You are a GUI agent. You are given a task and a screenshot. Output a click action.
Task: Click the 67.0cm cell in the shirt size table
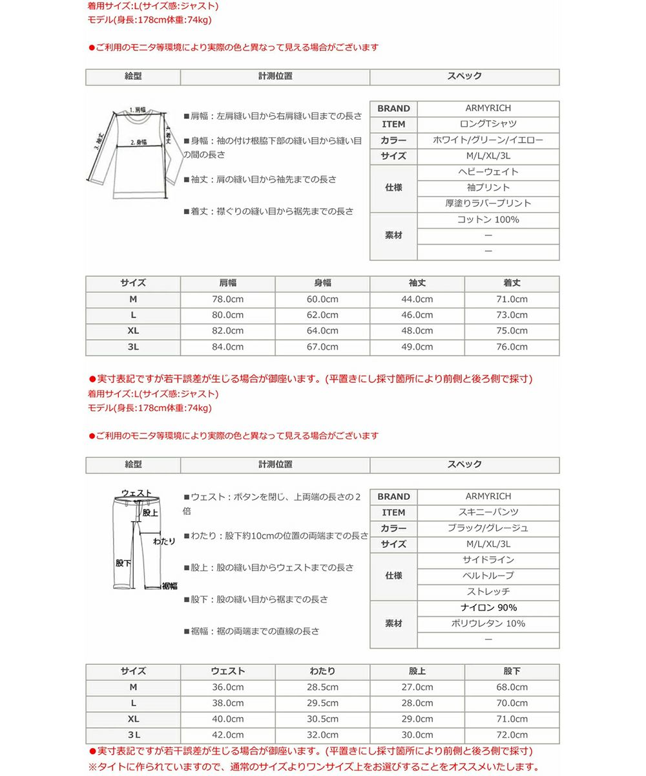(x=322, y=347)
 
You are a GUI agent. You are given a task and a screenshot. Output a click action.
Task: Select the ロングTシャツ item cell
(x=488, y=124)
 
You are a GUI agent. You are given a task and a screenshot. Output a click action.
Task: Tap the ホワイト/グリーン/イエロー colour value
(x=488, y=140)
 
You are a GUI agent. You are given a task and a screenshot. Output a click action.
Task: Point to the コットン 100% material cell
(x=488, y=220)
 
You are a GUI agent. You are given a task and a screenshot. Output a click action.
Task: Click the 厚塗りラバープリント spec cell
(x=488, y=203)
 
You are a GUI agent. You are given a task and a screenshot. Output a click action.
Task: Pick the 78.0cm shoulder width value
(x=227, y=299)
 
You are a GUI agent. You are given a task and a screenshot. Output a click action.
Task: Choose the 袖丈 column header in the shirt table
(x=417, y=283)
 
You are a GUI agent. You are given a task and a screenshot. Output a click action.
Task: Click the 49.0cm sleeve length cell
(x=417, y=347)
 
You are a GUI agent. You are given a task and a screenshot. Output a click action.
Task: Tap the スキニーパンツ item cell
(x=488, y=512)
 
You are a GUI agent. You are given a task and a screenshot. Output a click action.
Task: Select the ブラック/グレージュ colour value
(x=488, y=528)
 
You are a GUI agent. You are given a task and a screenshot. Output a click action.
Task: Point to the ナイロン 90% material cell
(x=488, y=608)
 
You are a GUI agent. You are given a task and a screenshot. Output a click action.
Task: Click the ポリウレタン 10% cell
(x=488, y=623)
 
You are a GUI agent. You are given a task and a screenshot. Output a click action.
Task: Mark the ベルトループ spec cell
(x=488, y=576)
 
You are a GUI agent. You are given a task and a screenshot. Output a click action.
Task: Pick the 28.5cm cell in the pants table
(x=322, y=687)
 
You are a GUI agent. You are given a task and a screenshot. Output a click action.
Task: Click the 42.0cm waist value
(x=227, y=735)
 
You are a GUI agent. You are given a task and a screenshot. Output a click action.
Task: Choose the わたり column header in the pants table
(x=322, y=671)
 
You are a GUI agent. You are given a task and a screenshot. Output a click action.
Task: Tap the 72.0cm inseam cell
(x=512, y=735)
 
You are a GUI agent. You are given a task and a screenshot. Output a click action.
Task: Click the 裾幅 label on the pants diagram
(x=169, y=586)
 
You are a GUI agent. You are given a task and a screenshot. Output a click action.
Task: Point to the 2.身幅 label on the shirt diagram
(x=139, y=142)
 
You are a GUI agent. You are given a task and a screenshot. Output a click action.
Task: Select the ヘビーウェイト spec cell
(x=488, y=172)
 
